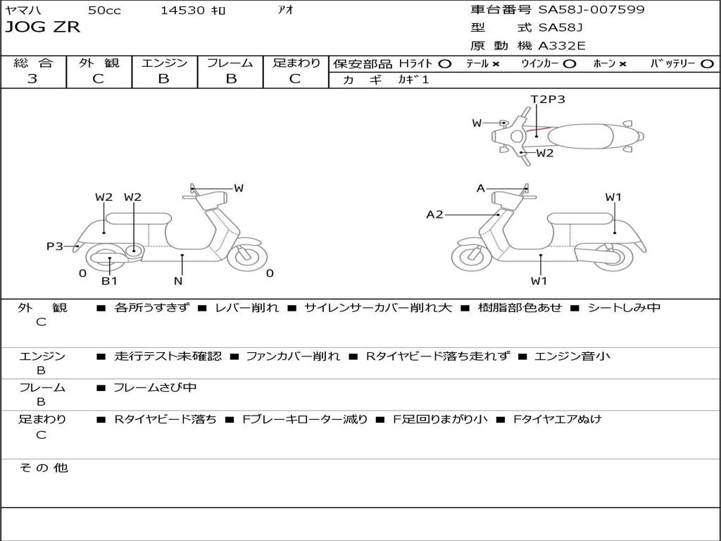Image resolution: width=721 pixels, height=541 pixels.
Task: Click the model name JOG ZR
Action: coord(43,27)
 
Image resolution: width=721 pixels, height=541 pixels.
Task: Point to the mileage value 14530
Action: coord(182,11)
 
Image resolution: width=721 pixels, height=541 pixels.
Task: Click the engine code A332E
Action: coord(562,46)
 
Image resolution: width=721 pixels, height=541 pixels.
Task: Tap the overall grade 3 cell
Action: coord(32,79)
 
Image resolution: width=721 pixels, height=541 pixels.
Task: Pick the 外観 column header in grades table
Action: coord(99,63)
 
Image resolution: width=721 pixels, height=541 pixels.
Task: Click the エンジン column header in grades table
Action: coord(164,63)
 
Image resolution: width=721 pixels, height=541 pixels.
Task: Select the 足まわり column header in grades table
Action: coord(296,63)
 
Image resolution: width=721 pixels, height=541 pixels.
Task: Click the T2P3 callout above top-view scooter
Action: coord(548,99)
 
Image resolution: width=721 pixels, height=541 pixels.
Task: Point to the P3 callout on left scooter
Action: coord(55,246)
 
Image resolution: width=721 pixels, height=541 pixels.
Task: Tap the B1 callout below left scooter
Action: coord(109,281)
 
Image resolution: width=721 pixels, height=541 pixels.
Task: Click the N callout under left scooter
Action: coord(178,281)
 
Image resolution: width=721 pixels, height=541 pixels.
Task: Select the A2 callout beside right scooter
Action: coord(434,214)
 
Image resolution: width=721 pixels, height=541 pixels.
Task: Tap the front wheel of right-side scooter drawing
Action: coord(470,257)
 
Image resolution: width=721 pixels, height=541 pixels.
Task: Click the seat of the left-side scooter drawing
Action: coord(138,218)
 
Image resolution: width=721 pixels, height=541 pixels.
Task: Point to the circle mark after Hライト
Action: coord(444,63)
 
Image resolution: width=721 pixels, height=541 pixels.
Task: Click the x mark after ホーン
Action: coord(622,63)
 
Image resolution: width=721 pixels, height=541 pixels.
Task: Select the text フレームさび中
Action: coord(155,387)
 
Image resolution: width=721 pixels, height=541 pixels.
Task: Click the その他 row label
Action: coord(43,468)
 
